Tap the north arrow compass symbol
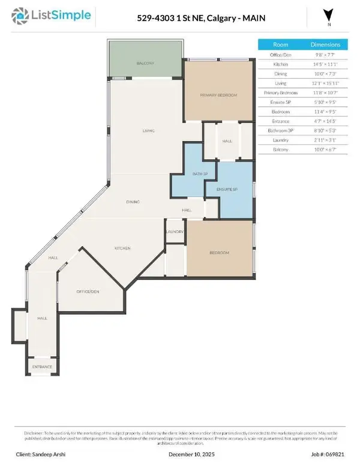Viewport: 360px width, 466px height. click(327, 16)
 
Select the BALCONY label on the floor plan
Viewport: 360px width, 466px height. click(145, 63)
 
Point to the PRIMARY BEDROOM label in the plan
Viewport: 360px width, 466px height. click(218, 95)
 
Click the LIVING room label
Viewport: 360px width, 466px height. click(149, 130)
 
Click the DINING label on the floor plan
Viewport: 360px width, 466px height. click(133, 202)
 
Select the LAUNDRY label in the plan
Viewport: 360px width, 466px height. click(174, 231)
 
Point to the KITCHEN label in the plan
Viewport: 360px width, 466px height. click(123, 248)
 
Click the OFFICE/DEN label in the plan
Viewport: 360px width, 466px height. click(88, 291)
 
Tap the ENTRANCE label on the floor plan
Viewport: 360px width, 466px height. click(42, 367)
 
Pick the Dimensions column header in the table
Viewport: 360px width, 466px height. click(325, 44)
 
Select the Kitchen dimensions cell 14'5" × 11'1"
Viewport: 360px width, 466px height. click(325, 64)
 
